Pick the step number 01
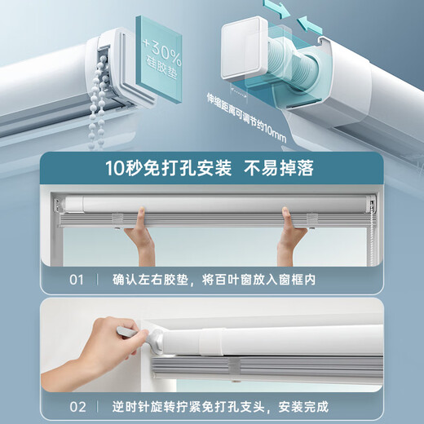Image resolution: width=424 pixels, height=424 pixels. coord(76,280)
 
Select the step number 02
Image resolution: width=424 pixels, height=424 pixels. coord(76,406)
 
